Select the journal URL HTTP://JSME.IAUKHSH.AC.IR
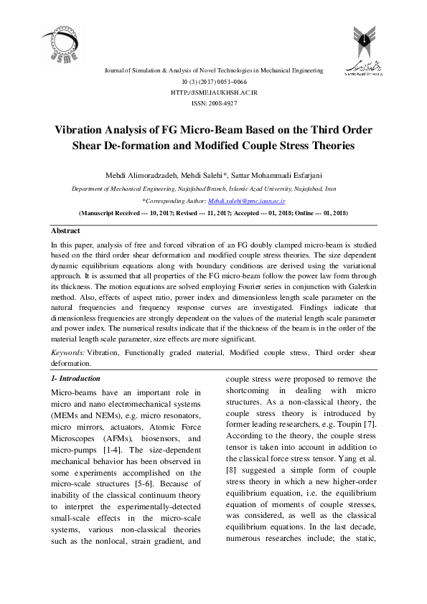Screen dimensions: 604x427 pyautogui.click(x=213, y=93)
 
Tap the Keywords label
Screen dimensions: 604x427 pyautogui.click(x=68, y=353)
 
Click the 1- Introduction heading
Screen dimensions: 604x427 pyautogui.click(x=75, y=378)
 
